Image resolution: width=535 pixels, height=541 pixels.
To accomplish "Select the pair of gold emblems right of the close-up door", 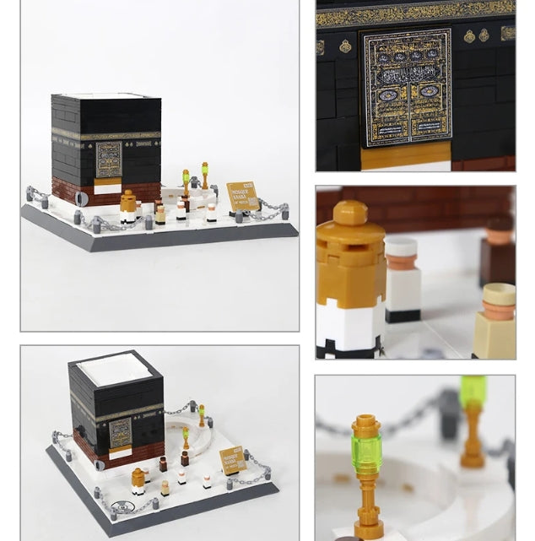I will click(476, 36).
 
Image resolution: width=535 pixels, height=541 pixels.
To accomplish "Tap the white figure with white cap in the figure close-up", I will click(403, 279).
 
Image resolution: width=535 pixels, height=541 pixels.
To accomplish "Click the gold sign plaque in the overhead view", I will click(232, 460).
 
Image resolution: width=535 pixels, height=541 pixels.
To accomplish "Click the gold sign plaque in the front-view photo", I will click(243, 197).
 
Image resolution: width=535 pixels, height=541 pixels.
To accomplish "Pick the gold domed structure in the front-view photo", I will click(127, 205).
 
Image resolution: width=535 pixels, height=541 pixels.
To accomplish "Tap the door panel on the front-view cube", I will click(109, 160).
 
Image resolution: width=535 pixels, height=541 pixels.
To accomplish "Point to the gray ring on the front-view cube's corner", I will click(81, 199).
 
